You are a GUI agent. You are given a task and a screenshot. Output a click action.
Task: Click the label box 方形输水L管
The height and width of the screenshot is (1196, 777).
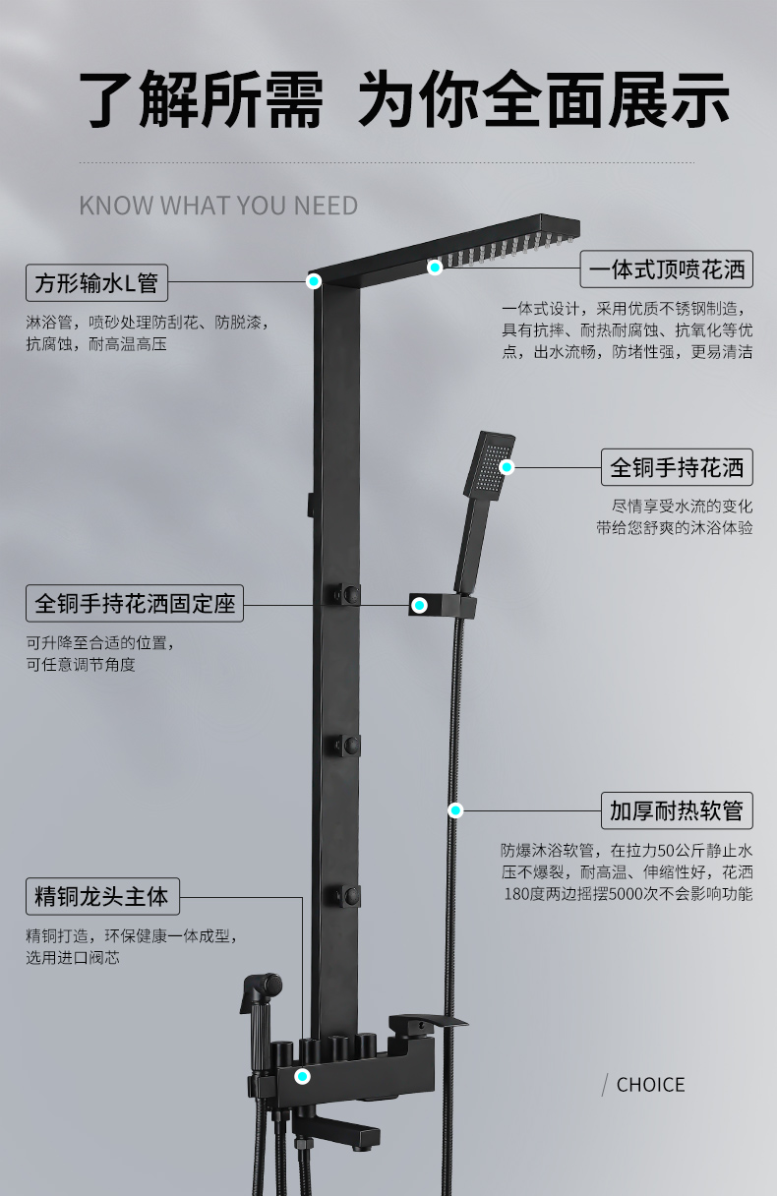[96, 282]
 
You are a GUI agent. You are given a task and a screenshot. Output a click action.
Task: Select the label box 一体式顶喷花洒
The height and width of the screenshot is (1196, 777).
[667, 269]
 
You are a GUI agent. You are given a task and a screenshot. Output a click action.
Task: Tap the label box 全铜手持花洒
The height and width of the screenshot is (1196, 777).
[677, 467]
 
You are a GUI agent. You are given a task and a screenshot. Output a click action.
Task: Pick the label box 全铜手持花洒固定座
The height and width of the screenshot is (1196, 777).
[135, 603]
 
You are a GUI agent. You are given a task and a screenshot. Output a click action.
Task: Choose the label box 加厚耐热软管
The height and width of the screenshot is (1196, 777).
[677, 810]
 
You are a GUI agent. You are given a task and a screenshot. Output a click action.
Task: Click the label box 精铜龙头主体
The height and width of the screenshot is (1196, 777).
[102, 896]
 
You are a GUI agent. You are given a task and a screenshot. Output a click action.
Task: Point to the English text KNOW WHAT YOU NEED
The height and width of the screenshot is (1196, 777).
[218, 206]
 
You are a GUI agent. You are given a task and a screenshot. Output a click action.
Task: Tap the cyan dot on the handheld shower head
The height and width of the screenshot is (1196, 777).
[507, 467]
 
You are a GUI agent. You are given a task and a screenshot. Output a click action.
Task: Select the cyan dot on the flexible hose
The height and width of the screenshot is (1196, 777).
[455, 810]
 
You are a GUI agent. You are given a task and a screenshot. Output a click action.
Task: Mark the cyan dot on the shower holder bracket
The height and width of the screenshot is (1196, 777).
[420, 605]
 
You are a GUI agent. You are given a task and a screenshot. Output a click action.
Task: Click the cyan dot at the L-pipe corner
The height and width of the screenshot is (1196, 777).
[314, 281]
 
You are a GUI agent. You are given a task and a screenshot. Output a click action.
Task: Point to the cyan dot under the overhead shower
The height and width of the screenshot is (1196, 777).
[435, 267]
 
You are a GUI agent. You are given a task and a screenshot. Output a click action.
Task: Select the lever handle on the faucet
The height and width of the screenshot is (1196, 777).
[427, 1021]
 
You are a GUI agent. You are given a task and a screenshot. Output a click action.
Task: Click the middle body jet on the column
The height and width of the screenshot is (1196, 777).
[347, 745]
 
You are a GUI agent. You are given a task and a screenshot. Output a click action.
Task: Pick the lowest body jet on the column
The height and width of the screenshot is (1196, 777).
[347, 895]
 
